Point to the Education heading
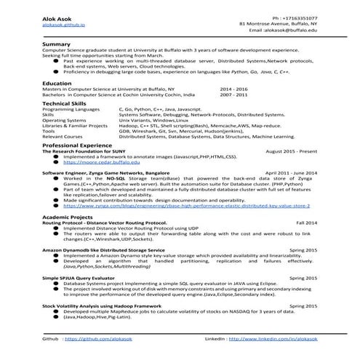click(57, 84)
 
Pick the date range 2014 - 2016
click(233, 89)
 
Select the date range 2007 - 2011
click(233, 95)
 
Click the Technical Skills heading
click(64, 103)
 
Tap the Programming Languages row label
click(71, 109)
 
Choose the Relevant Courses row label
click(63, 136)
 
